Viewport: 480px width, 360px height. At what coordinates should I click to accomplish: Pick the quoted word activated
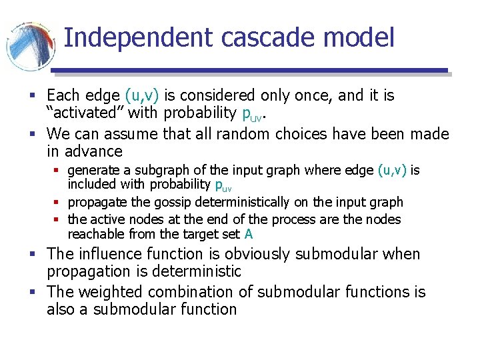85,113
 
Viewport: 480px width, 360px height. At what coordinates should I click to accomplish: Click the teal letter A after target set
249,234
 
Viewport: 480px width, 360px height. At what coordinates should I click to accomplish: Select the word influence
111,254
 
